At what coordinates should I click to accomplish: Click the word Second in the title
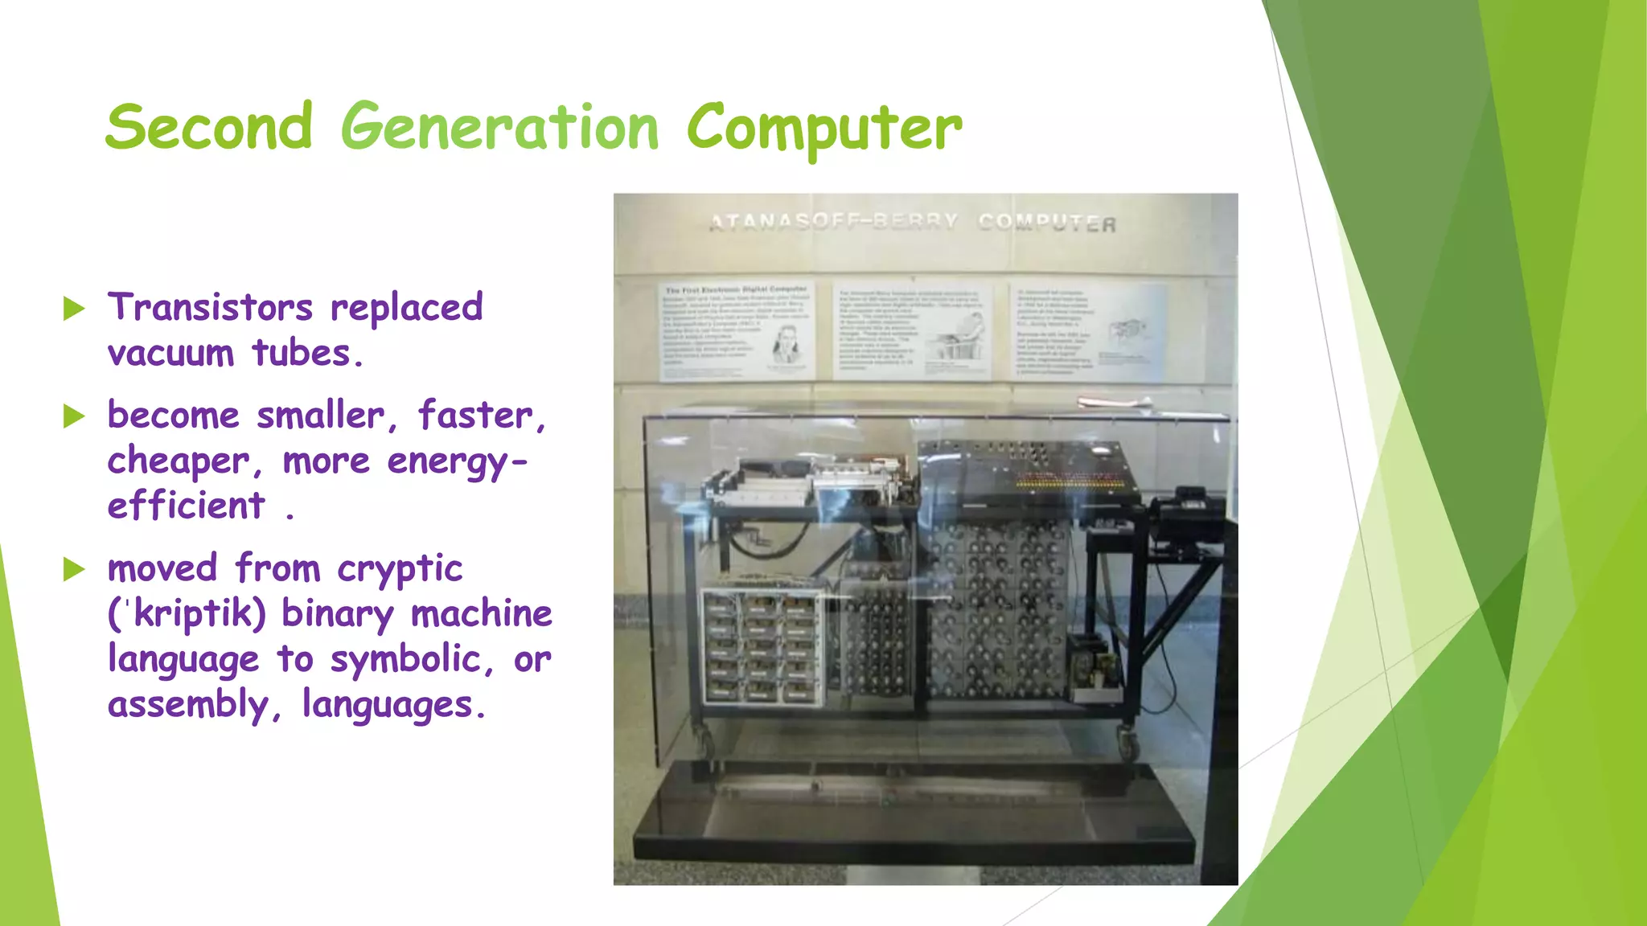[208, 127]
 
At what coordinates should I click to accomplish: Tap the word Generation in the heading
[499, 127]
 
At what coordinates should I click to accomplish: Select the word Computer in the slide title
[823, 129]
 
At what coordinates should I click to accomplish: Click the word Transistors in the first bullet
[211, 307]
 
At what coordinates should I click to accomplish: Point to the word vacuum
[170, 353]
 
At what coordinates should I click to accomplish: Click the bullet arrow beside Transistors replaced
[74, 308]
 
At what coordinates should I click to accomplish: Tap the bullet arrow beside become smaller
[74, 416]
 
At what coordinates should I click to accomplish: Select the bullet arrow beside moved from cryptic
[74, 569]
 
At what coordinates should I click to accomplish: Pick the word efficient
[186, 506]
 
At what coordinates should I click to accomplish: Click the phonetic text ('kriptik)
[187, 614]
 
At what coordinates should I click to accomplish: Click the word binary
[338, 614]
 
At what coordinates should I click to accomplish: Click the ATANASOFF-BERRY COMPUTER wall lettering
[912, 223]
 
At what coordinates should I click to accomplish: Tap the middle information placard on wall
[912, 330]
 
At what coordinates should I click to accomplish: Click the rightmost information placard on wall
[1089, 330]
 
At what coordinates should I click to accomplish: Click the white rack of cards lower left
[762, 648]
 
